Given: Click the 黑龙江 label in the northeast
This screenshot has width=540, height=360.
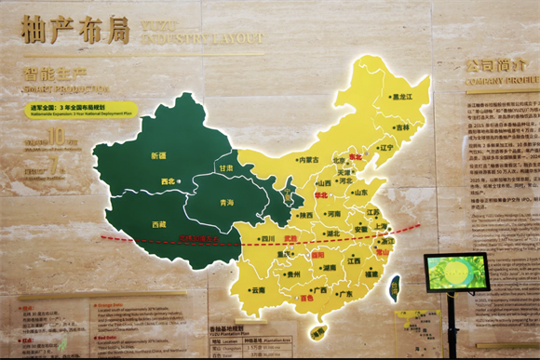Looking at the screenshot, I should (x=403, y=96).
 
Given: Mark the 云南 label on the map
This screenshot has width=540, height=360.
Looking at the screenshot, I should (x=258, y=290).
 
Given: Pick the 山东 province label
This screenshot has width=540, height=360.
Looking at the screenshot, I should (x=359, y=193).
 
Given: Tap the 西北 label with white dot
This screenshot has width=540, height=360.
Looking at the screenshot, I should (x=169, y=181).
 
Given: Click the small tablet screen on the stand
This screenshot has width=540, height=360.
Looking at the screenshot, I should (x=456, y=273).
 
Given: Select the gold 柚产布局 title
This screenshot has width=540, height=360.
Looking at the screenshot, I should (x=75, y=30).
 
